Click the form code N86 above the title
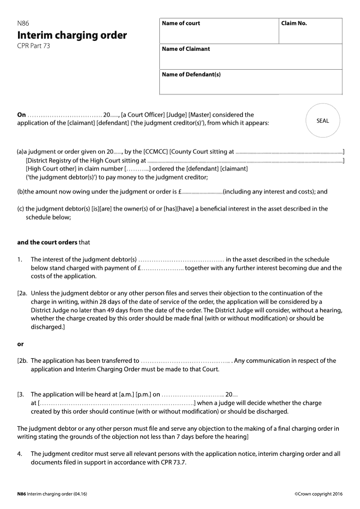tap(23, 24)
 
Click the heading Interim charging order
tap(72, 35)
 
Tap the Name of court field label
tap(181, 23)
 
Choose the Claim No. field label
tap(294, 23)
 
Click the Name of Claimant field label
tap(186, 49)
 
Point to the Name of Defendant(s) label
tap(191, 75)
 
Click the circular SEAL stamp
tap(323, 121)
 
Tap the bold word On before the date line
tap(22, 115)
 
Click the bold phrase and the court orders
tap(47, 242)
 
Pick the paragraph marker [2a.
tap(22, 293)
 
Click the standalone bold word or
tap(20, 344)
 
